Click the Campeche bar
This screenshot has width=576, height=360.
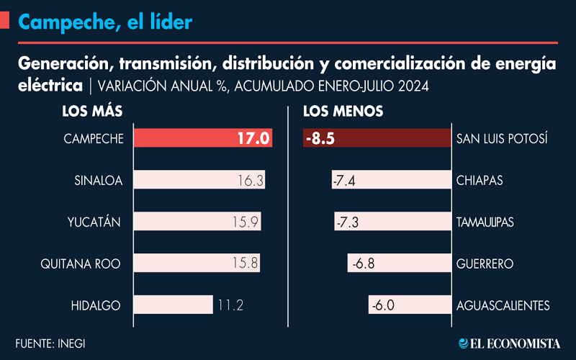click(203, 138)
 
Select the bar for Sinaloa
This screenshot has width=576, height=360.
click(199, 179)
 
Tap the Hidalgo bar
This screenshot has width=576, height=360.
click(173, 305)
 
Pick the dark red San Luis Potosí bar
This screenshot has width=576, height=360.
click(377, 138)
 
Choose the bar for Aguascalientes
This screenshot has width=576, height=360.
click(410, 305)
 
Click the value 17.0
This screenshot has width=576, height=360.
click(253, 138)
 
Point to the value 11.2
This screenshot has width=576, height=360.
click(230, 305)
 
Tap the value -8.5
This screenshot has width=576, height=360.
click(320, 138)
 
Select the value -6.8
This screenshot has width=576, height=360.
click(364, 264)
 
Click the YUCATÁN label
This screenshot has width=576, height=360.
click(94, 222)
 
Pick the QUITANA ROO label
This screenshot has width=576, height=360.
click(81, 264)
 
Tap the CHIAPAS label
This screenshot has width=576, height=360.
click(480, 181)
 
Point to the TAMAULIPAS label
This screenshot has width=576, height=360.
click(485, 222)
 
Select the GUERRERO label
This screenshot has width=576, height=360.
click(485, 264)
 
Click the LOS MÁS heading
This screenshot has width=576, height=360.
click(92, 111)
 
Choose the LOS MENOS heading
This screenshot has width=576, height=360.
click(343, 112)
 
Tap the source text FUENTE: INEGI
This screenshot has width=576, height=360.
click(50, 343)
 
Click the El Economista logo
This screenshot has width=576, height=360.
click(510, 343)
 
